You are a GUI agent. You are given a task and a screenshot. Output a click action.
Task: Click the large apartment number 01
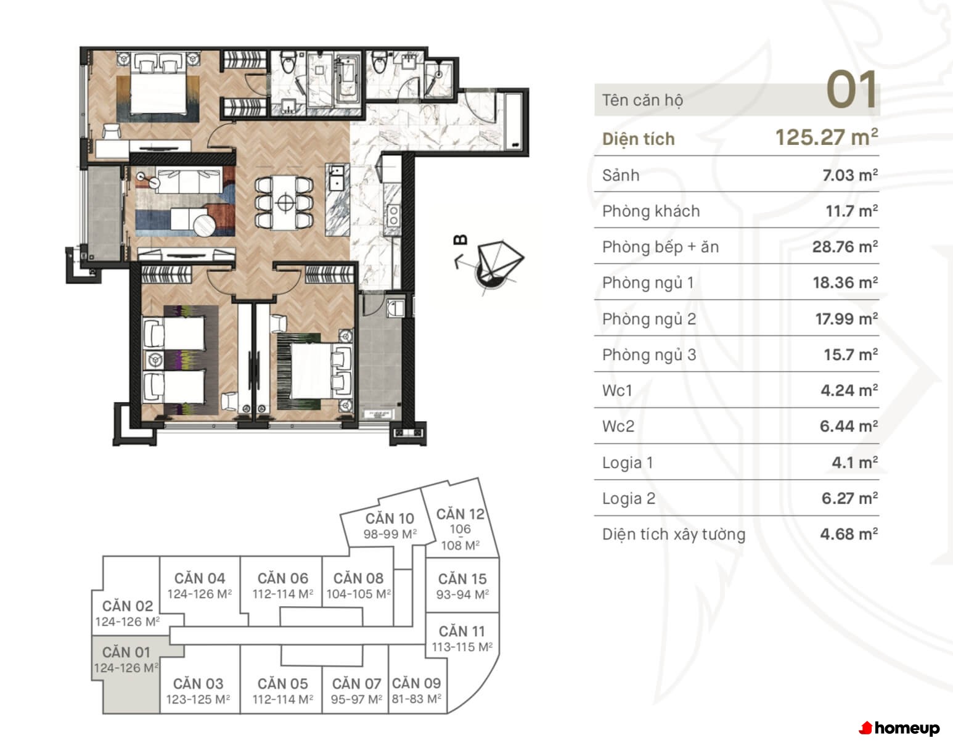(851, 90)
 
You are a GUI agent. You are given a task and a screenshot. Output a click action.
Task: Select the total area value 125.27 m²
(827, 137)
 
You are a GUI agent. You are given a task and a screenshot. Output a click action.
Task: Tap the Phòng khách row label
(651, 211)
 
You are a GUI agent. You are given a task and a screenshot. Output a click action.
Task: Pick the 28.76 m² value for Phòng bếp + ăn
(845, 247)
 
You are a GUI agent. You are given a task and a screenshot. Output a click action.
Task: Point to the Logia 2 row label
(628, 498)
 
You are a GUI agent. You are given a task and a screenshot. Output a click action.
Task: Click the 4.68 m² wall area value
(849, 534)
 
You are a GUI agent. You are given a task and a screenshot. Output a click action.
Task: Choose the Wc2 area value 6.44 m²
(848, 426)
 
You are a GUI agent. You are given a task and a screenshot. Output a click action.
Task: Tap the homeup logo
(899, 728)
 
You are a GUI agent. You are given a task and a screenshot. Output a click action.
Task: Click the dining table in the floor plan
(285, 203)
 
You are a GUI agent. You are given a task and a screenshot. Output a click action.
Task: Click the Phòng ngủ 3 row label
(649, 355)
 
